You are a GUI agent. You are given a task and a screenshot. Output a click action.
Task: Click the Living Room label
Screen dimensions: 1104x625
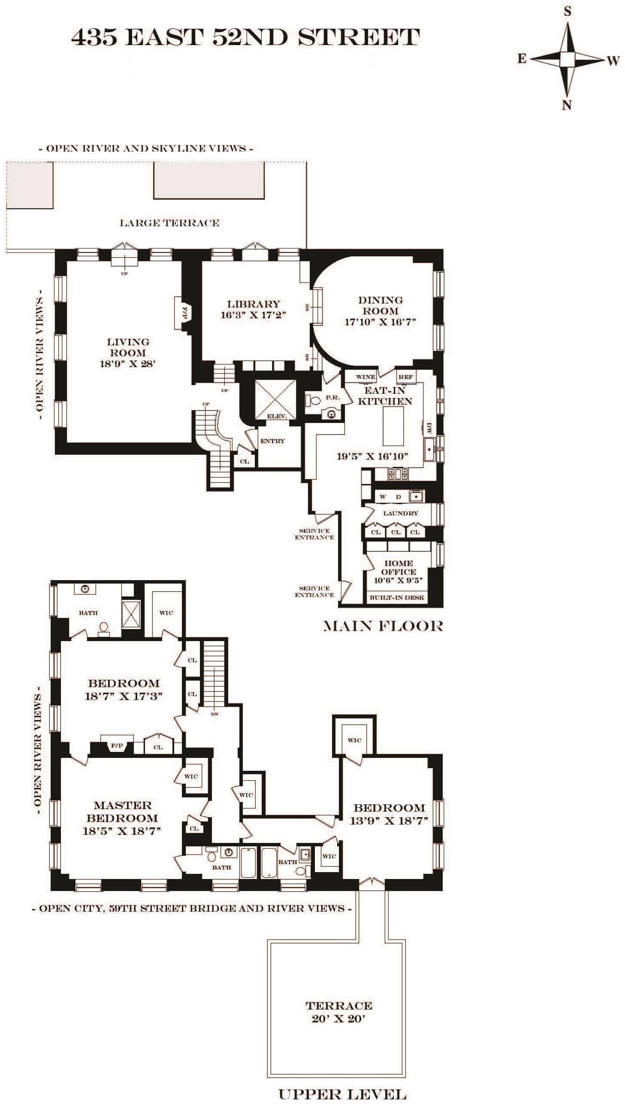128,347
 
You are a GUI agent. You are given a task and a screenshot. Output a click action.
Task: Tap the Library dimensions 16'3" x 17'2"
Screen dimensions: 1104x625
253,315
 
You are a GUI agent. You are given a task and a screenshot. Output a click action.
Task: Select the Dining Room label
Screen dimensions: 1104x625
380,305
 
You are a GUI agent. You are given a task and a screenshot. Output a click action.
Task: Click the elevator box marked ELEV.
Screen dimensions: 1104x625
275,400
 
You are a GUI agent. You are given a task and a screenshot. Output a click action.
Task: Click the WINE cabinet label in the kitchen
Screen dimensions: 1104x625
366,377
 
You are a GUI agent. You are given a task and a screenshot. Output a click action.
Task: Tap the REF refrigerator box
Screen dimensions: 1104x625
405,377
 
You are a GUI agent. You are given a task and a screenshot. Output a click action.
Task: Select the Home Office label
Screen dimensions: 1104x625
399,568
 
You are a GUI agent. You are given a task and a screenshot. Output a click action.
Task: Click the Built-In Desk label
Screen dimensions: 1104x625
397,598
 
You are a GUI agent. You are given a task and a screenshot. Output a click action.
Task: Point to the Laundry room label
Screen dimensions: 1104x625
401,513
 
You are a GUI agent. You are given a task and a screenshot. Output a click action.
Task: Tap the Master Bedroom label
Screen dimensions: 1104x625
122,812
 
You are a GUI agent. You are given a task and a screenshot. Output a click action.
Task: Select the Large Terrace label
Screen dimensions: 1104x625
169,223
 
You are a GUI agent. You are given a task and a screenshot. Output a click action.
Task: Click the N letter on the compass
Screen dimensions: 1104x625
567,105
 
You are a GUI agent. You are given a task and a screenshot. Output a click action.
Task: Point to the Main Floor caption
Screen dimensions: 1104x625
383,626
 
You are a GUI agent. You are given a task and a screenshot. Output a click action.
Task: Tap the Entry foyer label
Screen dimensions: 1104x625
272,441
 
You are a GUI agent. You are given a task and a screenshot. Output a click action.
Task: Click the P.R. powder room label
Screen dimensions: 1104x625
332,397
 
